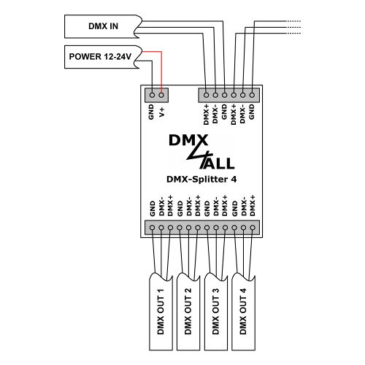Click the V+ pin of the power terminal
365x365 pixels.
click(161, 94)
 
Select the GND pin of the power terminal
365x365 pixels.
click(151, 94)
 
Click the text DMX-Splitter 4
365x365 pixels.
click(201, 178)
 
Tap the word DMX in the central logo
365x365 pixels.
click(188, 139)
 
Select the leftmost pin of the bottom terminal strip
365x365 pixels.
click(152, 228)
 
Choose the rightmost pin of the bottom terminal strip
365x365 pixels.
click(253, 228)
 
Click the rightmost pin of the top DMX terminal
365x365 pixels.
click(252, 94)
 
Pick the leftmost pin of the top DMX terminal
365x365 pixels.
click(207, 94)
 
